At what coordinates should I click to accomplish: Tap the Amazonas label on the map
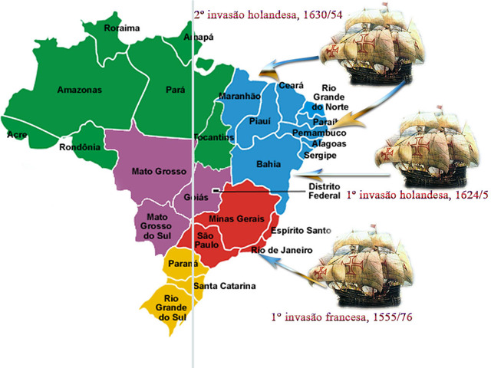tap(79, 90)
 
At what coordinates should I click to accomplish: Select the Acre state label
tap(16, 134)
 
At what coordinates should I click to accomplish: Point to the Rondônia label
tap(80, 147)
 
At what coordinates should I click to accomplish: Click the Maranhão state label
tap(240, 96)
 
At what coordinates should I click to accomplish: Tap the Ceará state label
tap(292, 85)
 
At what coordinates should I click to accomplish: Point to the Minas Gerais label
tap(236, 219)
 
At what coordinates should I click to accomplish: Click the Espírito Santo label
tap(300, 231)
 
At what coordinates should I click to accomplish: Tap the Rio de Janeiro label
tap(282, 250)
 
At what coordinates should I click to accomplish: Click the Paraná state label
tap(181, 264)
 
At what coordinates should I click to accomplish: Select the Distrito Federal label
tap(325, 190)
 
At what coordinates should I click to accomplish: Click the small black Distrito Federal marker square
tap(217, 189)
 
